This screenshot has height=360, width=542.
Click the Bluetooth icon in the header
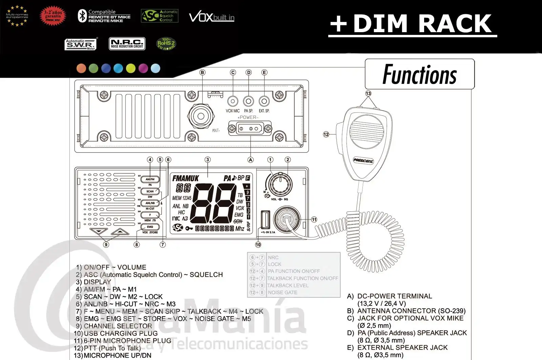coord(82,16)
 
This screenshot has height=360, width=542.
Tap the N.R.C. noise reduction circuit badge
coord(127,44)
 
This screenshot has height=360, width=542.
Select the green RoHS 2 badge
coord(166,44)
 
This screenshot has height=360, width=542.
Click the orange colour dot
coord(81,68)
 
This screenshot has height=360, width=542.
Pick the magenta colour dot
coord(143,68)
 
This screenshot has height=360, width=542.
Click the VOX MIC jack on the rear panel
coord(233,101)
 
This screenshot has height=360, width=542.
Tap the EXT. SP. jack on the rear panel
coord(264,101)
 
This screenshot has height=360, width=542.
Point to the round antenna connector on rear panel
coord(201,116)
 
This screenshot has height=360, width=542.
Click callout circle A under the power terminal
coord(250,160)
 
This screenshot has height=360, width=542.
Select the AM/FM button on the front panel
coord(150,179)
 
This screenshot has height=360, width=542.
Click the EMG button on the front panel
coord(150,227)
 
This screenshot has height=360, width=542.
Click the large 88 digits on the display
coord(214,203)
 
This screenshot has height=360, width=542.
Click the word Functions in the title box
coord(419,75)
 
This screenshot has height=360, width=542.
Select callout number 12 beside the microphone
coord(326,134)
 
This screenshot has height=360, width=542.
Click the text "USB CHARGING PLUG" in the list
coord(121,333)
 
